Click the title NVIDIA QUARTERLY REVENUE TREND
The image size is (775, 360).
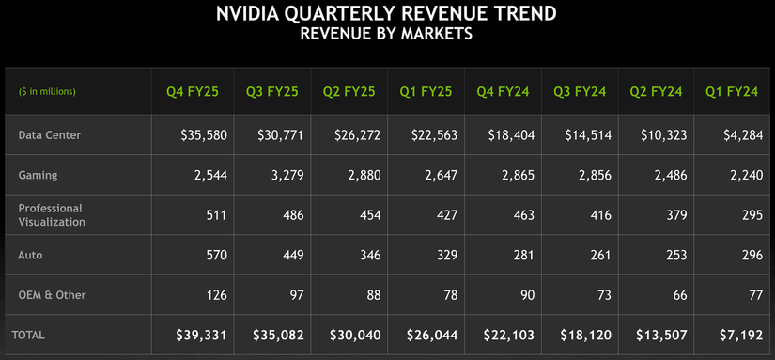point(386,14)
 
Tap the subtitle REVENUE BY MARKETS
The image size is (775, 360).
point(386,35)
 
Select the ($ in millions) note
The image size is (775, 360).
point(47,92)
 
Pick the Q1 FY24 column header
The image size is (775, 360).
point(731,92)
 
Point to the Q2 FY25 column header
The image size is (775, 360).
point(349,92)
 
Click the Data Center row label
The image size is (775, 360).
point(50,135)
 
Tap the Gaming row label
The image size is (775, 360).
point(39,175)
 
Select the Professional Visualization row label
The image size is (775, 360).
point(52,214)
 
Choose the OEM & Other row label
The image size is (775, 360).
point(52,295)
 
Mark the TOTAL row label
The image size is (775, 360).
point(28,334)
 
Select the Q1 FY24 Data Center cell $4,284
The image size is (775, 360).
point(738,135)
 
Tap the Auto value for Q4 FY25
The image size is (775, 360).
point(216,254)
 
